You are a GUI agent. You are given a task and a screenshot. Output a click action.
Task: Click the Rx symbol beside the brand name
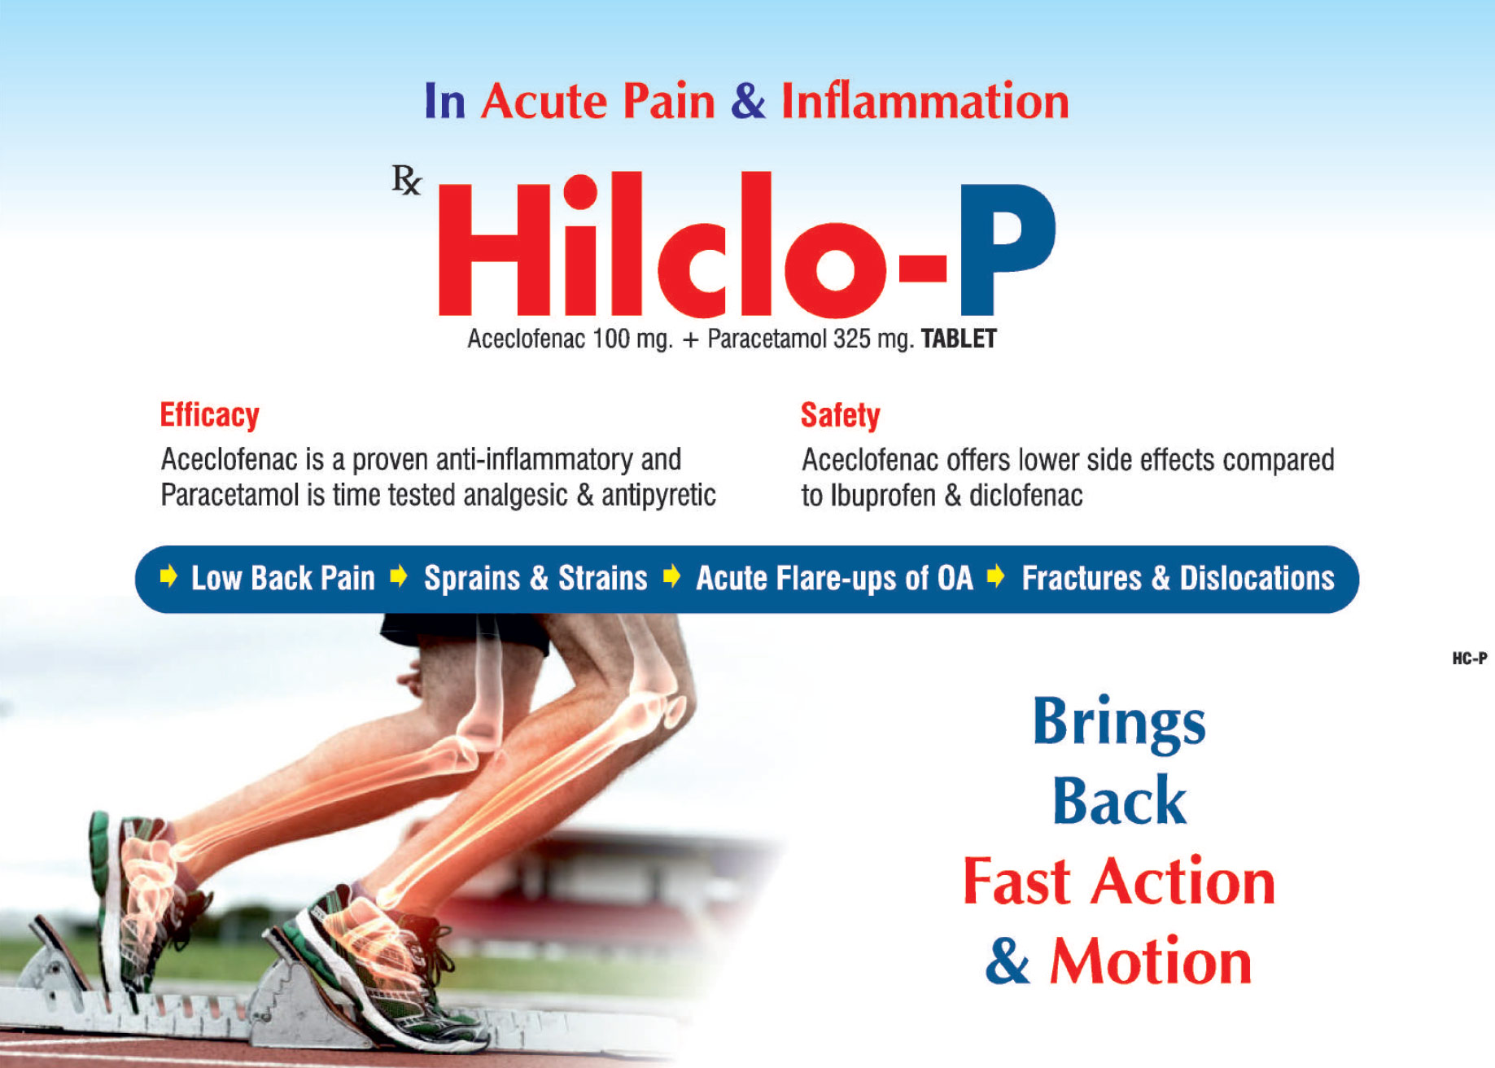pyautogui.click(x=407, y=180)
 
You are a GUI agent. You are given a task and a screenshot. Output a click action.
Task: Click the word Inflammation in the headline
pyautogui.click(x=925, y=102)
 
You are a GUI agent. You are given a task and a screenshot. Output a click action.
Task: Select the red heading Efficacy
pyautogui.click(x=209, y=415)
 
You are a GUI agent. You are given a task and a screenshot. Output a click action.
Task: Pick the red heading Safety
pyautogui.click(x=840, y=415)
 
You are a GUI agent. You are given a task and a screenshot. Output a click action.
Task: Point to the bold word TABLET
pyautogui.click(x=959, y=339)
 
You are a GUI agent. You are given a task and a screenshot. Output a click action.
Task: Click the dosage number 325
pyautogui.click(x=852, y=339)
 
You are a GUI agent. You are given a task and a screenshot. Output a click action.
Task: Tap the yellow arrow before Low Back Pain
pyautogui.click(x=168, y=577)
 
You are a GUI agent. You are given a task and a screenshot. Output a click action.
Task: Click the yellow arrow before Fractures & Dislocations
pyautogui.click(x=995, y=577)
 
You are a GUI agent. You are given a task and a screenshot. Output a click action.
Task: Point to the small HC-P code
pyautogui.click(x=1469, y=658)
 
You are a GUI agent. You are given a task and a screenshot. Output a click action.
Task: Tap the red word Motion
pyautogui.click(x=1151, y=961)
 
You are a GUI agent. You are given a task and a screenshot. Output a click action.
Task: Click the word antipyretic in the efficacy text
pyautogui.click(x=658, y=496)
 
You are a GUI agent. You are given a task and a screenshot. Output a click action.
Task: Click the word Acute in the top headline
pyautogui.click(x=544, y=102)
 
